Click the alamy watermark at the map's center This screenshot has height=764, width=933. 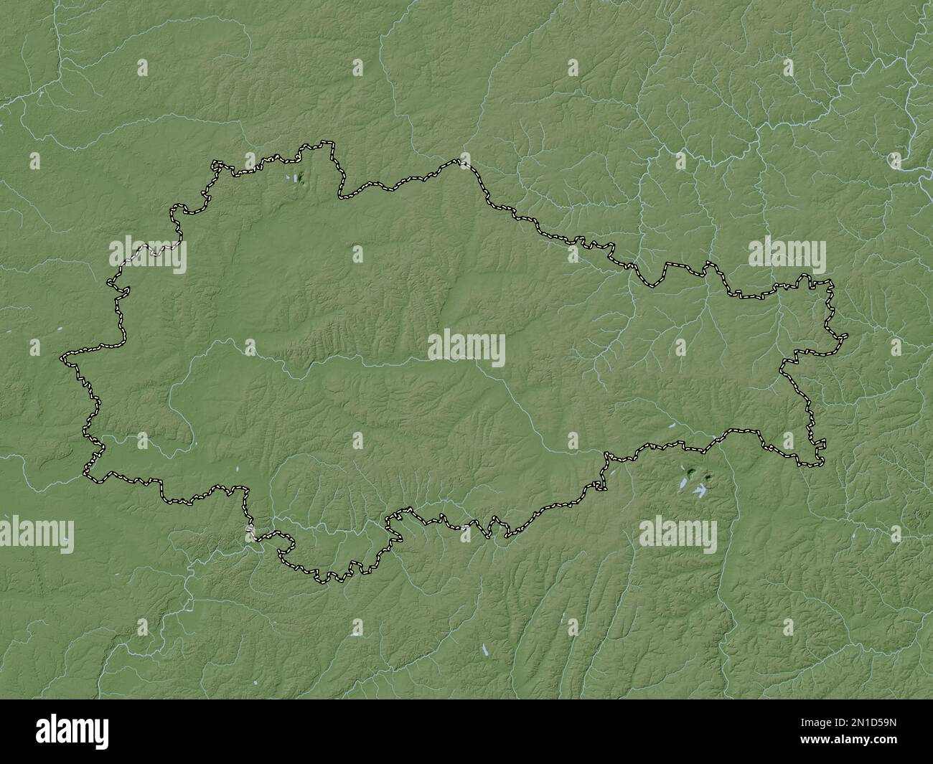(467, 350)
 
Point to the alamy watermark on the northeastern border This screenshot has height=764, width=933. (787, 255)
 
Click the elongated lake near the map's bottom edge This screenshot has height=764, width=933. (484, 651)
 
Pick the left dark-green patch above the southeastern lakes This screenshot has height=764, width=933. (690, 472)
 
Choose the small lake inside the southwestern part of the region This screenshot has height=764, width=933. (235, 470)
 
